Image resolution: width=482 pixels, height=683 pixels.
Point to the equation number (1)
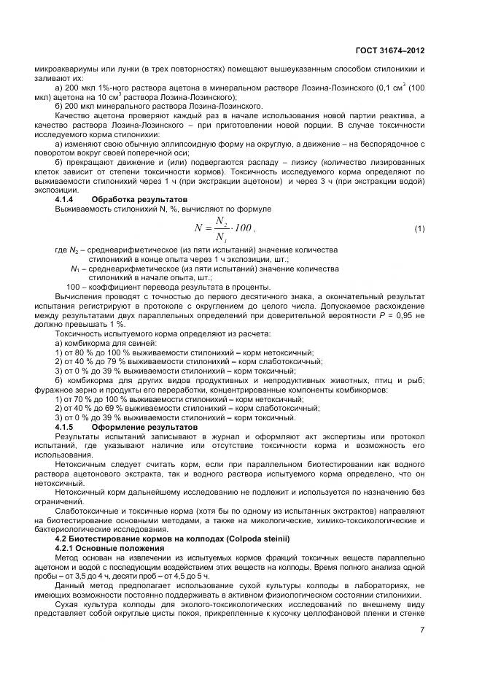(419, 229)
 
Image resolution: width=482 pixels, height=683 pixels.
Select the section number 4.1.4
(66, 199)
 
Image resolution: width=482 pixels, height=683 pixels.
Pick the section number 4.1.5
(66, 425)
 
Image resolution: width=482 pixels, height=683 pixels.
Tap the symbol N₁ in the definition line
(74, 269)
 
